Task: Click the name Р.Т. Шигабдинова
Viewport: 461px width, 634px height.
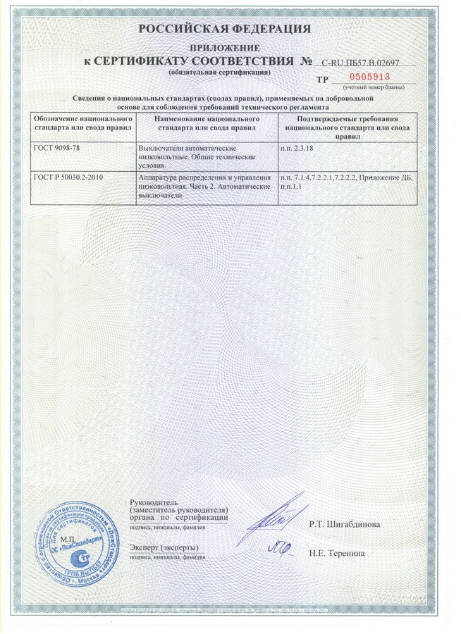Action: [345, 525]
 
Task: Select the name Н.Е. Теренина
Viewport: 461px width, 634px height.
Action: [337, 553]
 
